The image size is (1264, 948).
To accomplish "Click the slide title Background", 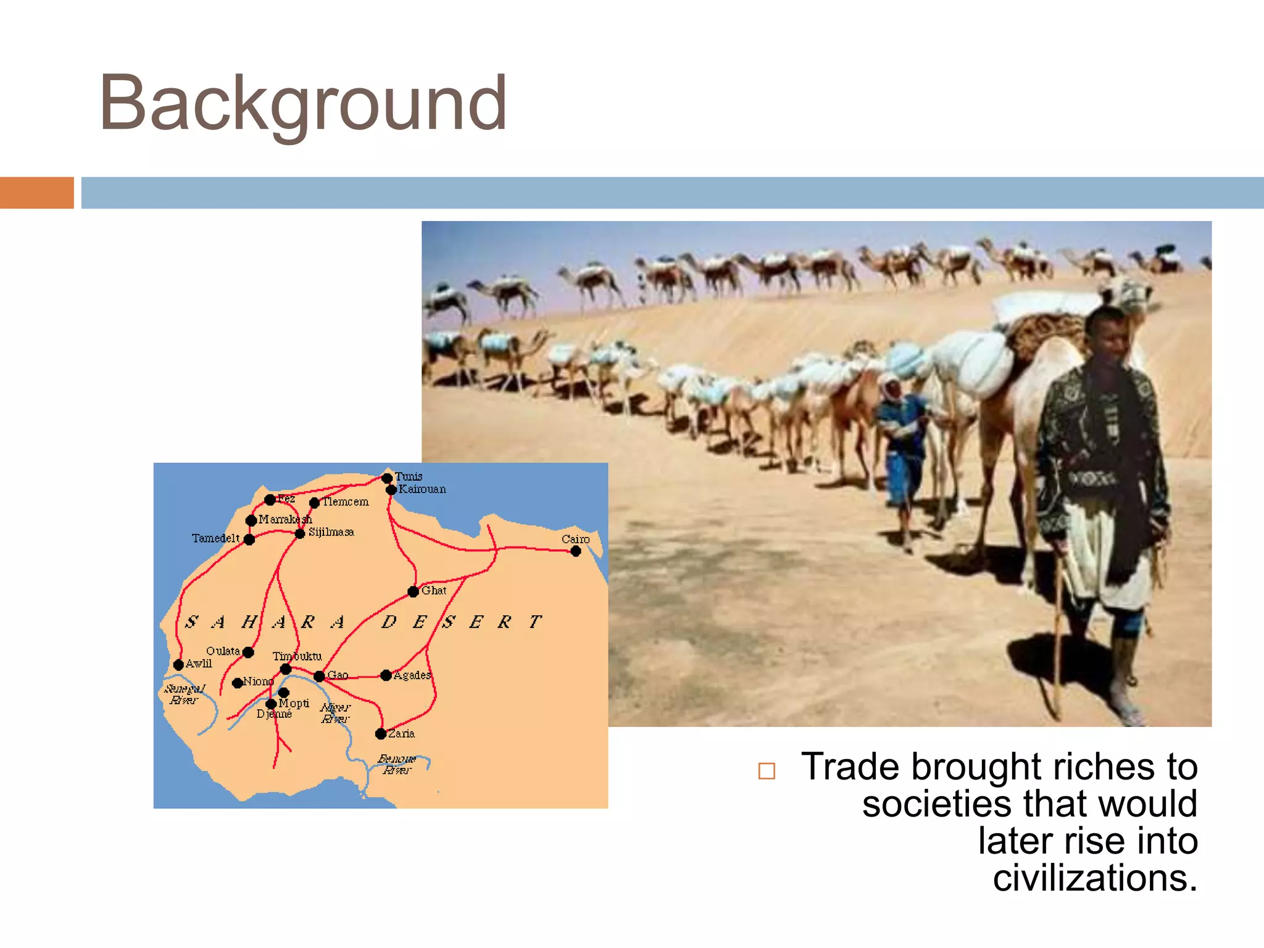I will [302, 104].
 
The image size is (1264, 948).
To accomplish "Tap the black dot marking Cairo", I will [576, 551].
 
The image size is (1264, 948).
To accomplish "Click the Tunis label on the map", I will [409, 476].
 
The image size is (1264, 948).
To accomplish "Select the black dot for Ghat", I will [414, 592].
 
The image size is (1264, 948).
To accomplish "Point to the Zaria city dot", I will [381, 734].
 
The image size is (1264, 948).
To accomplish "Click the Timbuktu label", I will [297, 656].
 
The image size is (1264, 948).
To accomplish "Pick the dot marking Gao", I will [319, 676].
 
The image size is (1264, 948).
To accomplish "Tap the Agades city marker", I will [386, 675].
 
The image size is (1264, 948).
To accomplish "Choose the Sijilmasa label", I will [331, 532].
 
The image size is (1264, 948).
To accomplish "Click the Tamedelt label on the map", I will [215, 538].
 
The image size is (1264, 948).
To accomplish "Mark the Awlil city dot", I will [178, 665].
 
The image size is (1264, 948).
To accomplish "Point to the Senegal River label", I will [184, 694].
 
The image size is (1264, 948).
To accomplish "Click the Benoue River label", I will [396, 764].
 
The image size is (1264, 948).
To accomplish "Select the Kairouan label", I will [422, 489].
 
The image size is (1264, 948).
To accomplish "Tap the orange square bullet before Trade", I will [767, 771].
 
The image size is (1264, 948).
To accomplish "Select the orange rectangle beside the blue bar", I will [37, 193].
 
